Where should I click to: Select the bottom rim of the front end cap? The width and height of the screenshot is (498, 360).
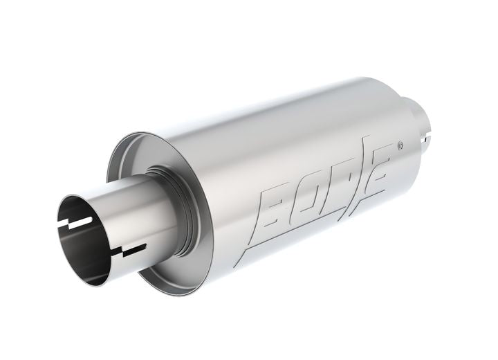point(173,280)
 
